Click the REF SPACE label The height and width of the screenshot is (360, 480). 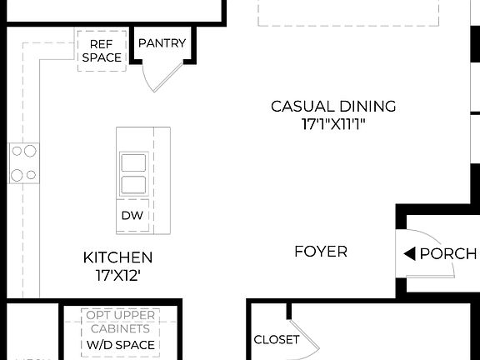pyautogui.click(x=101, y=50)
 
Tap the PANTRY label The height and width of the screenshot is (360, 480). pyautogui.click(x=162, y=43)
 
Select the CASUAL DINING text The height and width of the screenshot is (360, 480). pyautogui.click(x=333, y=107)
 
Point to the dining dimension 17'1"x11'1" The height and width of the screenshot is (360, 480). pyautogui.click(x=333, y=124)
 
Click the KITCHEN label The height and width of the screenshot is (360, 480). pyautogui.click(x=117, y=257)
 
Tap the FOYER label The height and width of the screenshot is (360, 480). pyautogui.click(x=321, y=251)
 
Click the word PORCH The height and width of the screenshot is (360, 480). pyautogui.click(x=448, y=254)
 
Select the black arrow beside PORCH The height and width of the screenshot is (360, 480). pyautogui.click(x=409, y=254)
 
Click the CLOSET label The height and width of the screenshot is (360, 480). pyautogui.click(x=276, y=340)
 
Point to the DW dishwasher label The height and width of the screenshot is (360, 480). pyautogui.click(x=132, y=216)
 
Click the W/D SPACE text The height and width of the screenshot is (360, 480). pyautogui.click(x=121, y=345)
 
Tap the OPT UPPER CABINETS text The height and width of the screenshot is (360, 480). pyautogui.click(x=121, y=322)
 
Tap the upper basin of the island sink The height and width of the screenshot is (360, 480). pyautogui.click(x=133, y=162)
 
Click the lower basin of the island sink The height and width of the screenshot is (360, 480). pyautogui.click(x=133, y=184)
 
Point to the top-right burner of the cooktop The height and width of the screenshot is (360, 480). pyautogui.click(x=31, y=152)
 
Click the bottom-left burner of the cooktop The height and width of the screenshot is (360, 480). pyautogui.click(x=17, y=174)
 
